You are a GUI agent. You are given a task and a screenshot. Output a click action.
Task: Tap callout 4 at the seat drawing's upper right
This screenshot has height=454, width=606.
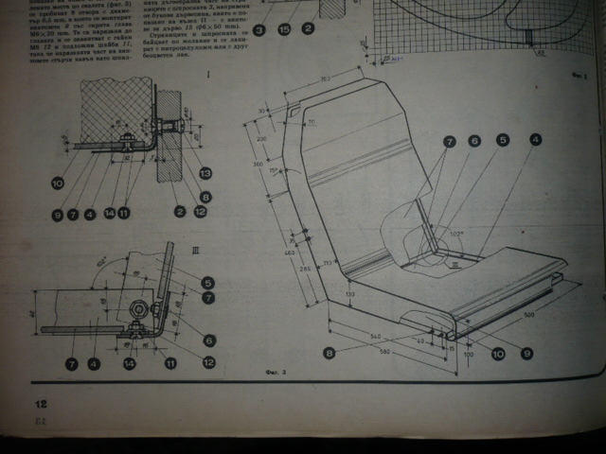pos(535,140)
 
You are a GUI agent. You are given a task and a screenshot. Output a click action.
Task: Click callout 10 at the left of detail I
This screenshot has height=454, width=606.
pos(57,183)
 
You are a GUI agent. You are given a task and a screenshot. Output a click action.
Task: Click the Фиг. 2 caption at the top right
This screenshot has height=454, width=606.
pos(577,73)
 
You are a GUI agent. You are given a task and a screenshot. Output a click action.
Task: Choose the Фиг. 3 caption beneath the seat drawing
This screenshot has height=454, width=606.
pos(276,372)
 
